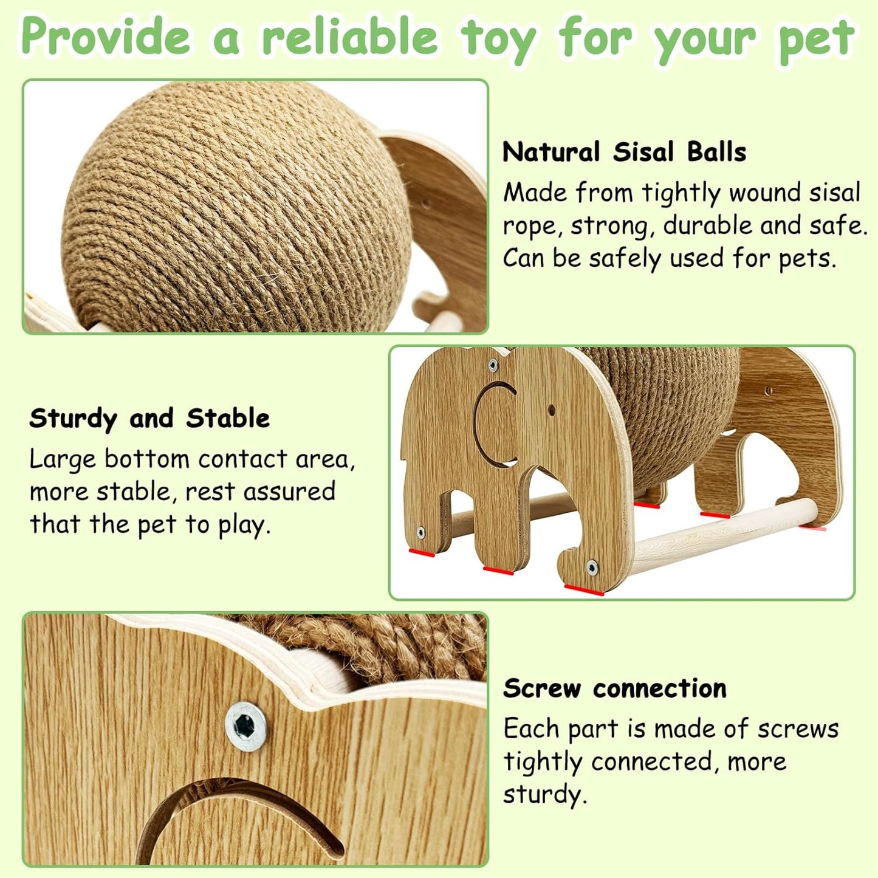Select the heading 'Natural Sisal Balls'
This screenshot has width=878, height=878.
(624, 152)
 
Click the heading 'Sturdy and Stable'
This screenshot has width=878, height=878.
(149, 419)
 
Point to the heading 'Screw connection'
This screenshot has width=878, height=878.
(614, 688)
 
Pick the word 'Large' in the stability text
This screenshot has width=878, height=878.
(63, 460)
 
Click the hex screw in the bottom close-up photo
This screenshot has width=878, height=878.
(245, 726)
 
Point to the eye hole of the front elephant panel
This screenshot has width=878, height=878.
(551, 410)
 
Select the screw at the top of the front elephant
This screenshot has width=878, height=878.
(493, 365)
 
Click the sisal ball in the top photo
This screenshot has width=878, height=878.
(237, 207)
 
